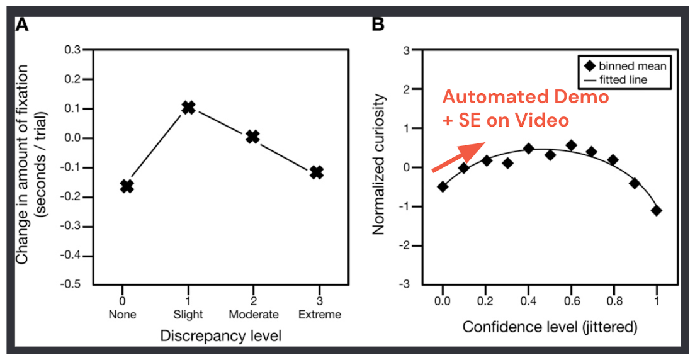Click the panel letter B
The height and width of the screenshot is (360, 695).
(378, 25)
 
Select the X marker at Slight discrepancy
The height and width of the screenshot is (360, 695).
(188, 108)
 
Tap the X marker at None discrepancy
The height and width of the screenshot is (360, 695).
(127, 186)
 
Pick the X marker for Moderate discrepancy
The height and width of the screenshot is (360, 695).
(252, 137)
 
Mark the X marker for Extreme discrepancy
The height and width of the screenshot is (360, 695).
(317, 172)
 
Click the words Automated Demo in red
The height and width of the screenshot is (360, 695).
(525, 98)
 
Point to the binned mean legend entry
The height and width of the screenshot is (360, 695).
(623, 66)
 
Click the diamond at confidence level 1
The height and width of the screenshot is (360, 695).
(657, 210)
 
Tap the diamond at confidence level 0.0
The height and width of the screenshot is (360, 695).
(443, 186)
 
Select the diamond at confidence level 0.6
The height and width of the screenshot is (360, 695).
(571, 145)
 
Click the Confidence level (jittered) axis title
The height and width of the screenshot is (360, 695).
(550, 327)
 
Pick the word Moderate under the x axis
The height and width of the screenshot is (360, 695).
(252, 314)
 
